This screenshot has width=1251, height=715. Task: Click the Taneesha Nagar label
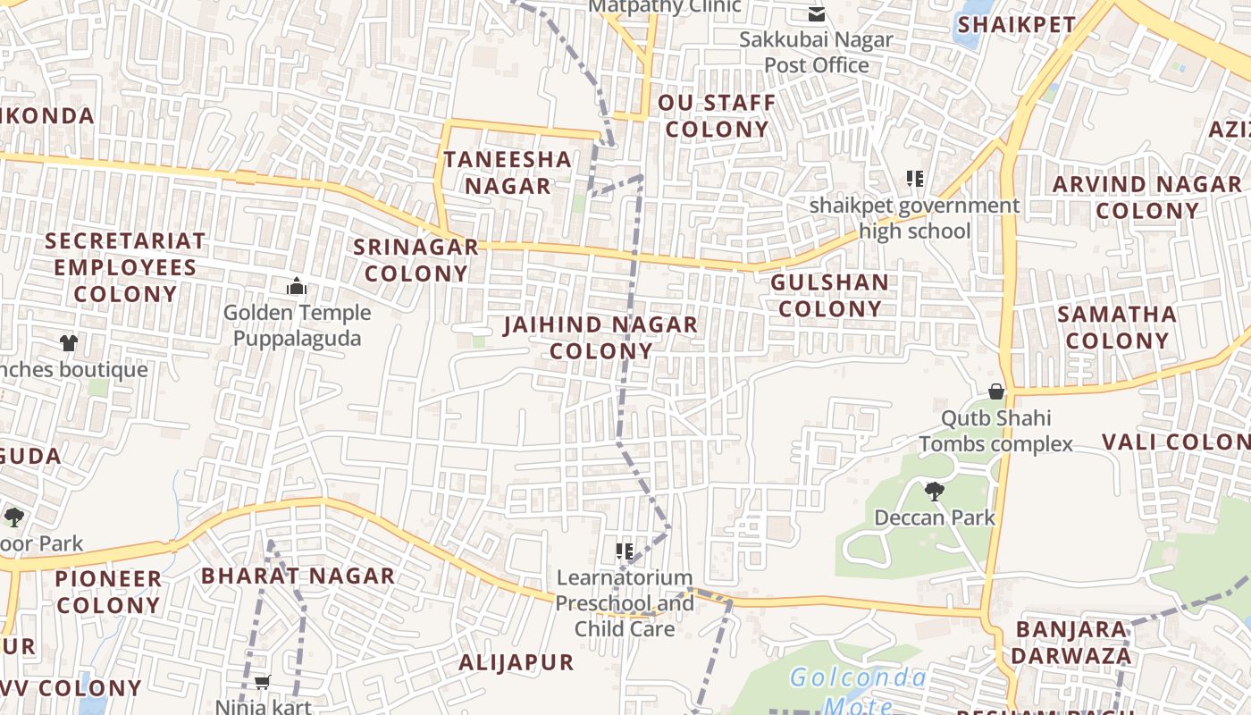coord(508,172)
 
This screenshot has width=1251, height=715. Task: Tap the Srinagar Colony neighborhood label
coord(416,260)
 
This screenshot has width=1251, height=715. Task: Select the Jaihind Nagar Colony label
coord(600,337)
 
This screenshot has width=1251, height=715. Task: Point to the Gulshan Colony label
coord(829,296)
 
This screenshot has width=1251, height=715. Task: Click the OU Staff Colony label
coord(717,116)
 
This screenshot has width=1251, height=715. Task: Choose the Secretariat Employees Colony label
coord(125,267)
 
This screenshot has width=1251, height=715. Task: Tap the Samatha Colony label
coord(1117,327)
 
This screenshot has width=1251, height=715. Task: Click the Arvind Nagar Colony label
coord(1146,198)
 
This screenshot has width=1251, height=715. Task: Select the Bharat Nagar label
coord(298,576)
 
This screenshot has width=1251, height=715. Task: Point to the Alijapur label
coord(516,663)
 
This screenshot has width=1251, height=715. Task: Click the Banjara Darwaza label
coord(1071,643)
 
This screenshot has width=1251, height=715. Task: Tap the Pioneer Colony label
coord(108,592)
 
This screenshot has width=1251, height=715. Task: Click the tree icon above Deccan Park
coord(934,491)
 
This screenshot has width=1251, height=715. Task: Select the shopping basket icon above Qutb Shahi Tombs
coord(996,391)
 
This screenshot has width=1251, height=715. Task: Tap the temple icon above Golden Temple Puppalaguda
coord(297,286)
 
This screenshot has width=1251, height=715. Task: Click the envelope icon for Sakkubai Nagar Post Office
coord(816,13)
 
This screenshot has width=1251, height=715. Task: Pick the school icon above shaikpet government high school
coord(914,179)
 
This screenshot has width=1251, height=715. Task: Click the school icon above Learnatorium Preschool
coord(625,551)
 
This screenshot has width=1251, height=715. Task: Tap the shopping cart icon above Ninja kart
coord(262,683)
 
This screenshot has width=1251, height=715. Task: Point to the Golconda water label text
coord(858,677)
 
